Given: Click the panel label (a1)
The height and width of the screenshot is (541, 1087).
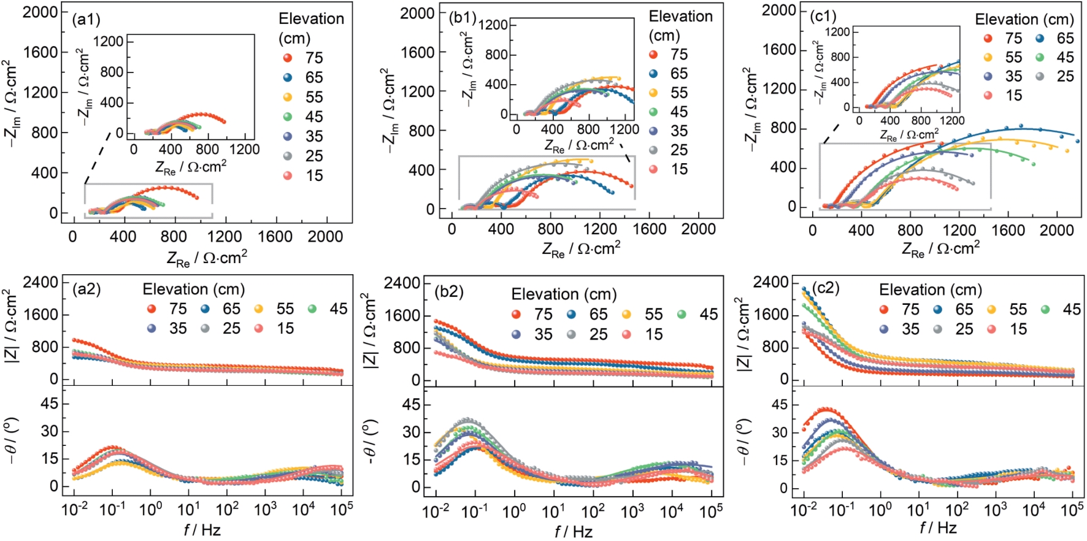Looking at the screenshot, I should (x=86, y=20).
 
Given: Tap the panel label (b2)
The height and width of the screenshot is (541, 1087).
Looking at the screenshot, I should (x=448, y=291).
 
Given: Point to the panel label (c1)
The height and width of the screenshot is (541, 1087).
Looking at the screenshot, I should (x=823, y=16).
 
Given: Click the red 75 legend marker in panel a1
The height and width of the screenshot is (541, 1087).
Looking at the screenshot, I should (x=288, y=58).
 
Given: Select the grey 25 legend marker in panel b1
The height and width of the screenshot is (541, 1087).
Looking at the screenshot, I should (x=653, y=150).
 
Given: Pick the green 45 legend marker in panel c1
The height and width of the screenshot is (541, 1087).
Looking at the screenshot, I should (x=1040, y=58).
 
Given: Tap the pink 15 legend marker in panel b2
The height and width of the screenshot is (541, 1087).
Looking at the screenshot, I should (x=626, y=334).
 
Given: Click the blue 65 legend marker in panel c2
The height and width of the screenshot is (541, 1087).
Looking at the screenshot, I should (x=937, y=309).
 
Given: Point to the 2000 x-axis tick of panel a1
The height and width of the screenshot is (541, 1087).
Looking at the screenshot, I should (x=325, y=237).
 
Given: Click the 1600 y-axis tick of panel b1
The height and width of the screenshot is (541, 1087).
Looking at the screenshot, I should (x=417, y=53).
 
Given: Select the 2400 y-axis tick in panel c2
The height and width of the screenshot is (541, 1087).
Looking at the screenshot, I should (x=770, y=282).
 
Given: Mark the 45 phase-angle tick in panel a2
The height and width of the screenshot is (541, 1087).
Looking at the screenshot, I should (x=49, y=404).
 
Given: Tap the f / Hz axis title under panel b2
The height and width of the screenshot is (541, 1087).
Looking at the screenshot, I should (x=574, y=531).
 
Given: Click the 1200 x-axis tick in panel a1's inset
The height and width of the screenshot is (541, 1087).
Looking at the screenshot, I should (x=244, y=149).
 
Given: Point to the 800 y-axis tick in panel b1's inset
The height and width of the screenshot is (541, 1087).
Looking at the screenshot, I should (x=496, y=55).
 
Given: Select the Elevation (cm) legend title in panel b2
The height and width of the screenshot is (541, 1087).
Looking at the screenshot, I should (x=564, y=294).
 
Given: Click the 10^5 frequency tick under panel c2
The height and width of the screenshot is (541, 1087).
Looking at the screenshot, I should (x=1072, y=510).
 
